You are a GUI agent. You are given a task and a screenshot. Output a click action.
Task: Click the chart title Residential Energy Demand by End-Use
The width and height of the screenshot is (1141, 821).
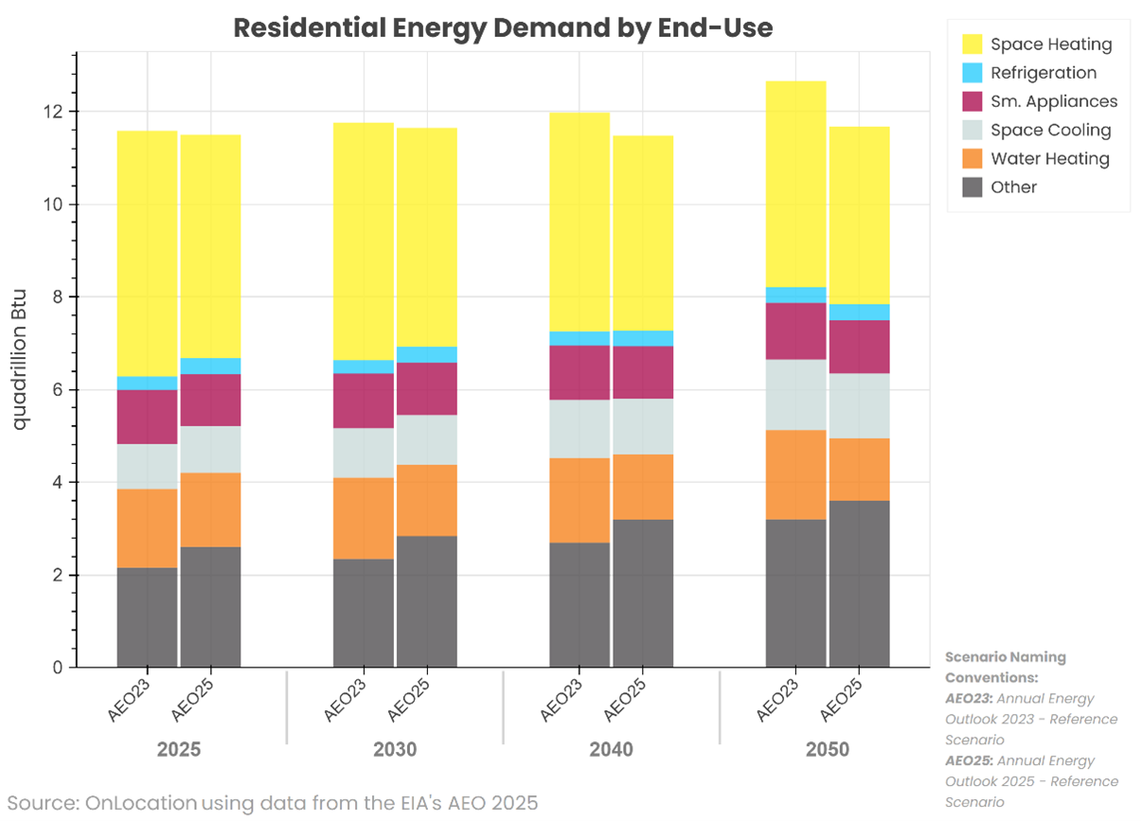click(503, 27)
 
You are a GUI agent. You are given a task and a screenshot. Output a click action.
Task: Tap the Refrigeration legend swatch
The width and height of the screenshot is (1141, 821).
click(972, 73)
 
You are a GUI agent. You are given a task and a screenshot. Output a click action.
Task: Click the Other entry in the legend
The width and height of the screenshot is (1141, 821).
click(1013, 187)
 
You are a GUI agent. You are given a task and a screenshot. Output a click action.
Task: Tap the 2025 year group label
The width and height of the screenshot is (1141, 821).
click(179, 750)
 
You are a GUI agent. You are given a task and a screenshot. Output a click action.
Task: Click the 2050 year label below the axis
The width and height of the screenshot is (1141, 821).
click(828, 750)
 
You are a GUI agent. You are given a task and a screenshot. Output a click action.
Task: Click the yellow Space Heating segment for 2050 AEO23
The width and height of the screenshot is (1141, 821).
click(795, 184)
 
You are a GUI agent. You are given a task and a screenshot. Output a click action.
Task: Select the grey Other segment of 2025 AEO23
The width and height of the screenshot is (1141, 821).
click(147, 617)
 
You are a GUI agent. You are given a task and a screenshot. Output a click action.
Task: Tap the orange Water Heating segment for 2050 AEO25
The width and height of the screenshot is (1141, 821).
click(859, 470)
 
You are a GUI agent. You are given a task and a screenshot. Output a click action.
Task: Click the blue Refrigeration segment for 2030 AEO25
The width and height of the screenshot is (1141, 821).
click(426, 354)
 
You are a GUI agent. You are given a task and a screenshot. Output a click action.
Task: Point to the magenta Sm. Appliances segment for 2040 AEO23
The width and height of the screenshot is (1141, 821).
click(579, 372)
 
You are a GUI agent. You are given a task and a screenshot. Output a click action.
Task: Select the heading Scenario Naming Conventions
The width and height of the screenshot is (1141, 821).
click(991, 667)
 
